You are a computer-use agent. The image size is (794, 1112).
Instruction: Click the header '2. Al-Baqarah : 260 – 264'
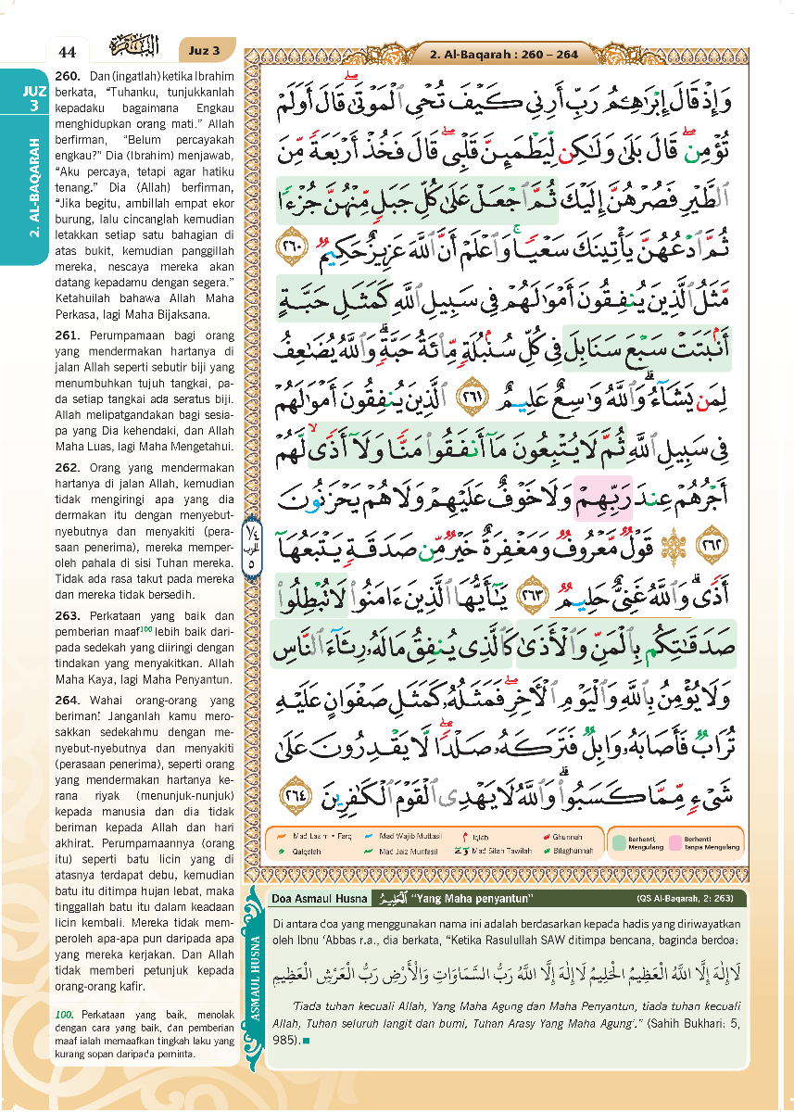503,55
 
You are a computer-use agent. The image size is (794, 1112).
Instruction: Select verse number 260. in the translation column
69,74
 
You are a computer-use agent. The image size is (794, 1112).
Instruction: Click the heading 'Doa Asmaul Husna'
315,898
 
